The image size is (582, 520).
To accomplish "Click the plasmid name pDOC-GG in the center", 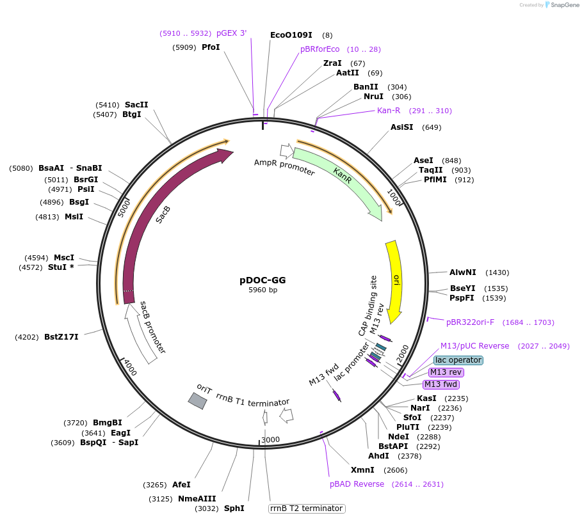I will tap(263, 280).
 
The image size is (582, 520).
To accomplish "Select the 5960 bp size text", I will tap(263, 290).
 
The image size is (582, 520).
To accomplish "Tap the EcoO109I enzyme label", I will tap(291, 35).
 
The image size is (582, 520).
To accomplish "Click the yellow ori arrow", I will tap(395, 278).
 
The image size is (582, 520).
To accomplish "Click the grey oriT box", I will tap(197, 400).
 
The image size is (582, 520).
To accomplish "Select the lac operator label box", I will tap(458, 360).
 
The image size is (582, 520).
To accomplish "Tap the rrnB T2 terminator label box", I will tap(306, 508).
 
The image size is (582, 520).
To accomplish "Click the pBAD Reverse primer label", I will tap(357, 484).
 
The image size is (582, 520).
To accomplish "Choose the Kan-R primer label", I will tap(388, 111).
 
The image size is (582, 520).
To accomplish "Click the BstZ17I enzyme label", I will tap(61, 336).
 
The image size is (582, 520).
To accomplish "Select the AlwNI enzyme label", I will tap(462, 272).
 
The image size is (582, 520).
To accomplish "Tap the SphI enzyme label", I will tap(234, 508).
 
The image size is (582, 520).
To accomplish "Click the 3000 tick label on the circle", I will tap(270, 439).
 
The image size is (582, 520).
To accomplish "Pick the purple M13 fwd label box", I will tap(441, 384).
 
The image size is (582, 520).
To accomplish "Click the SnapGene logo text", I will tap(563, 5).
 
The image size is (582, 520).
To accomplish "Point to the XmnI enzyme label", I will tap(362, 470).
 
